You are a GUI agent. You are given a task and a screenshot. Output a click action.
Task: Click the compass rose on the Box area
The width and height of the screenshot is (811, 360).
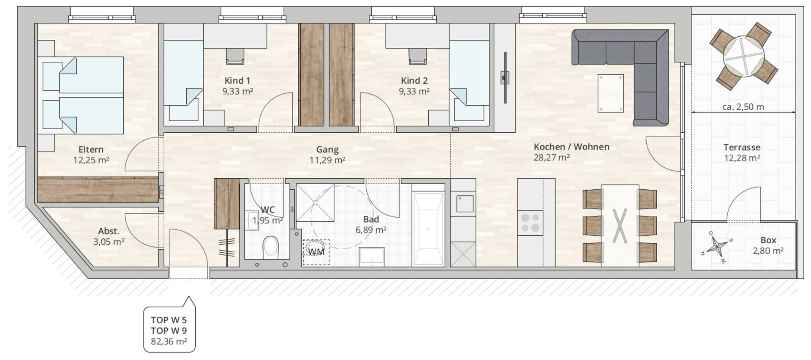click(717, 247)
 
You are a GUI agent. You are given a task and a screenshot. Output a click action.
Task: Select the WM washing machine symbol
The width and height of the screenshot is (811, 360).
click(316, 252)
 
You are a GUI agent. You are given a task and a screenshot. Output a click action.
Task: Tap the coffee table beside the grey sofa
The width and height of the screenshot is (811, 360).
click(611, 93)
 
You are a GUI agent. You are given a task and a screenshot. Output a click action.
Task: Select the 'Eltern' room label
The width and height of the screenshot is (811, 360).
click(91, 150)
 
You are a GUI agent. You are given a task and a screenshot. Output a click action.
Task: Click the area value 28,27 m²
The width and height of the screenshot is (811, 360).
click(552, 158)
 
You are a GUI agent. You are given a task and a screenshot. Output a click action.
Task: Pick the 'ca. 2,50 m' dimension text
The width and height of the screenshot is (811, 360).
click(743, 107)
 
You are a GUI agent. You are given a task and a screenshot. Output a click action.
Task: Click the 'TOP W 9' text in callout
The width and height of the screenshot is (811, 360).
click(169, 331)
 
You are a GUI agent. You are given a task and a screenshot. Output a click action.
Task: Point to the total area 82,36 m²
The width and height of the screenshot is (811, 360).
click(169, 341)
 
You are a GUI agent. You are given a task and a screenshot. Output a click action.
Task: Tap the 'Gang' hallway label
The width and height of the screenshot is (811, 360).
click(327, 150)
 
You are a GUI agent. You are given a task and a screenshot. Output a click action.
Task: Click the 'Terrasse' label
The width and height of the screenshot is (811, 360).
click(742, 147)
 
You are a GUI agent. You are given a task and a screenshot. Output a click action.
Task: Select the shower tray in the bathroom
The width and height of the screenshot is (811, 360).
click(315, 202)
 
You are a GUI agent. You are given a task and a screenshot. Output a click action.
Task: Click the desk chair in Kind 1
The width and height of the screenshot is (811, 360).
click(235, 55)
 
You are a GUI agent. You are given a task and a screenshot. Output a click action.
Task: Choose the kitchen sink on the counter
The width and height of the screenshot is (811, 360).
click(463, 204)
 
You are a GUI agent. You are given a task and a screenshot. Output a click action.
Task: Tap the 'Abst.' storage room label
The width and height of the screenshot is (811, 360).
click(109, 231)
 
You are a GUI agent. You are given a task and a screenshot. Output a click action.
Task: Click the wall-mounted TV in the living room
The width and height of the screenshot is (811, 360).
click(505, 78)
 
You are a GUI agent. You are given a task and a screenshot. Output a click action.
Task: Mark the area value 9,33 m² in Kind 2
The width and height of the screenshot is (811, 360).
click(414, 91)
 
